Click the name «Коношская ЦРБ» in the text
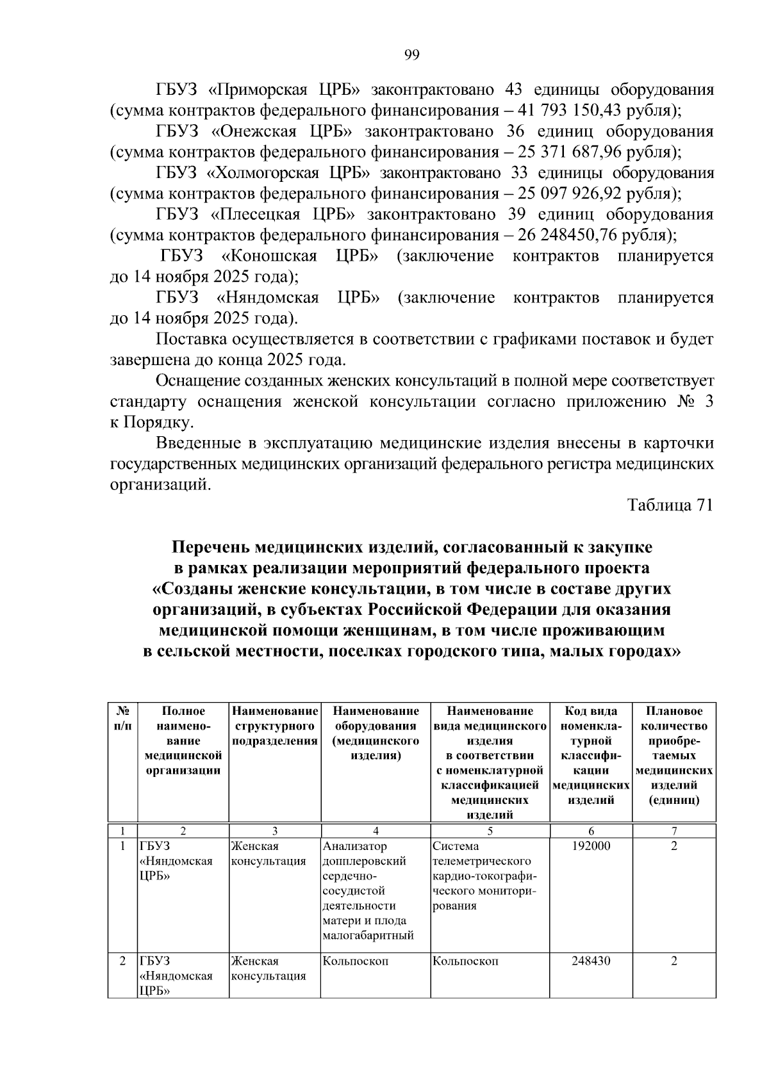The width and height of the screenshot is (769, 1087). coord(300,256)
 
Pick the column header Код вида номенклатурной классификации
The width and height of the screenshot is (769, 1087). coord(591,755)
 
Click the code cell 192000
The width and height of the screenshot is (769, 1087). coord(591,846)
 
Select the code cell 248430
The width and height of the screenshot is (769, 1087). coord(591,961)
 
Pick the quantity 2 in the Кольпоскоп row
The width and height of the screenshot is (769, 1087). coord(674,961)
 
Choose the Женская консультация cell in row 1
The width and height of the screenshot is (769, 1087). coord(268,853)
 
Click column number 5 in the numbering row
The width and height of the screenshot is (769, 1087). coord(490,831)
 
